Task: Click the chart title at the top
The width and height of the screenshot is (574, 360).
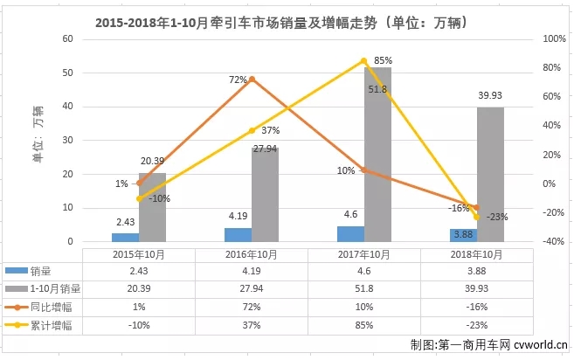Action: click(287, 16)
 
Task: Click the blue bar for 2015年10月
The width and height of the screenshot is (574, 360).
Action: click(125, 237)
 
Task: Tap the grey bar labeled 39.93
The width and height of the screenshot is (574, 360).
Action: click(490, 174)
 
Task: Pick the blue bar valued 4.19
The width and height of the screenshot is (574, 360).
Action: click(238, 234)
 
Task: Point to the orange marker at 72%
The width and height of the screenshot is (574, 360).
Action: click(252, 80)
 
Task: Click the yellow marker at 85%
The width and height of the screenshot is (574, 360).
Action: click(363, 61)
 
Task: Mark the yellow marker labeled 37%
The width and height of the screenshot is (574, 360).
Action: click(252, 130)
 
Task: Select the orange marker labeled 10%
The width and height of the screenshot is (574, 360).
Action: click(363, 170)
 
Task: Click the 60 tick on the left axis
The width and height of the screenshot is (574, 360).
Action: click(66, 39)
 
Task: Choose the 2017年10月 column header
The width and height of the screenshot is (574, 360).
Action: click(363, 254)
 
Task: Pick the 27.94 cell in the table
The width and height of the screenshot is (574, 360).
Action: click(252, 288)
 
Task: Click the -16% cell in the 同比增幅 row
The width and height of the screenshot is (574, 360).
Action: click(476, 306)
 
